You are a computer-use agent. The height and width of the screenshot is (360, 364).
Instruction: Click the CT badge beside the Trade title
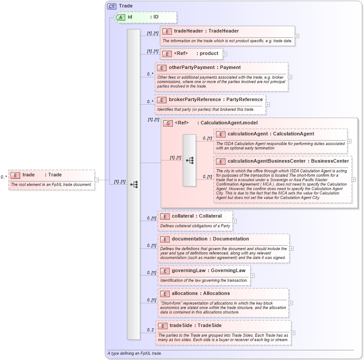click(x=112, y=6)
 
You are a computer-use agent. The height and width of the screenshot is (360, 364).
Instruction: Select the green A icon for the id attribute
click(x=120, y=17)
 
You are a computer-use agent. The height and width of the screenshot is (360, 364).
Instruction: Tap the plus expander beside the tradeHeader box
click(x=297, y=36)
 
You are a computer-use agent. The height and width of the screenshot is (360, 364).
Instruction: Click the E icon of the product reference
click(x=167, y=54)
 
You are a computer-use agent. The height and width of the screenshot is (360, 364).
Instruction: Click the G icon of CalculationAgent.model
click(x=168, y=123)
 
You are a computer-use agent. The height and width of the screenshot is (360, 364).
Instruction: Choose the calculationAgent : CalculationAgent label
click(x=270, y=134)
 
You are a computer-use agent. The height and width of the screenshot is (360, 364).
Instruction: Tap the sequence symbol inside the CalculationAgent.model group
click(x=189, y=160)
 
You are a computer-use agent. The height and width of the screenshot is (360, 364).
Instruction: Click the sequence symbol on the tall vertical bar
click(x=134, y=184)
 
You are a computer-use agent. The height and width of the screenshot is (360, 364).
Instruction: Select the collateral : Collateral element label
click(x=197, y=216)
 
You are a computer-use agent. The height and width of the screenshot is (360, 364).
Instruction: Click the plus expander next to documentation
click(x=291, y=248)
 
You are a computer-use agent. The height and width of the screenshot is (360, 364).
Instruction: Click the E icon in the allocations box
click(x=164, y=294)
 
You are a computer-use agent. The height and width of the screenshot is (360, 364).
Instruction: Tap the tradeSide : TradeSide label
click(x=196, y=326)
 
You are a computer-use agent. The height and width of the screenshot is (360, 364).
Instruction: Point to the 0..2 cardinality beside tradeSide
click(x=150, y=330)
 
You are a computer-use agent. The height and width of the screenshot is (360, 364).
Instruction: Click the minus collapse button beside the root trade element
click(x=97, y=179)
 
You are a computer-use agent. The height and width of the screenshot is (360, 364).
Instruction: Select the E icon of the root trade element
click(x=15, y=175)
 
